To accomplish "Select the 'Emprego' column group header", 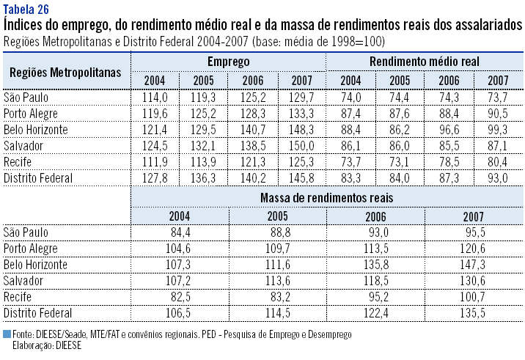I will click(229, 62).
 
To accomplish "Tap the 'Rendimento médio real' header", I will click(425, 62).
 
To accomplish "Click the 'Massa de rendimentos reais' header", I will click(326, 197).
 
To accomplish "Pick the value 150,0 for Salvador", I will click(301, 145).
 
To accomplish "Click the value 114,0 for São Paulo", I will click(155, 97).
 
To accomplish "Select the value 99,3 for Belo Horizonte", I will click(498, 129).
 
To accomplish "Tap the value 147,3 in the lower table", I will click(477, 264).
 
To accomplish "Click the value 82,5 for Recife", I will click(180, 296).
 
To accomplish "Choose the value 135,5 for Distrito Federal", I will click(477, 312).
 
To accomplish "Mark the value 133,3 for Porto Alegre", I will click(301, 113).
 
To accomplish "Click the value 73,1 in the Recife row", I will click(400, 161).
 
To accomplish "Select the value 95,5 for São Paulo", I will click(477, 232).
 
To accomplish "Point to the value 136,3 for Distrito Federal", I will click(204, 177).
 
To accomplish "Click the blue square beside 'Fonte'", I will click(7, 334).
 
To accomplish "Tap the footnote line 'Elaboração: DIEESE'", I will click(47, 345).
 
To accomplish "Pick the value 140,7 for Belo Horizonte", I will click(253, 129).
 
